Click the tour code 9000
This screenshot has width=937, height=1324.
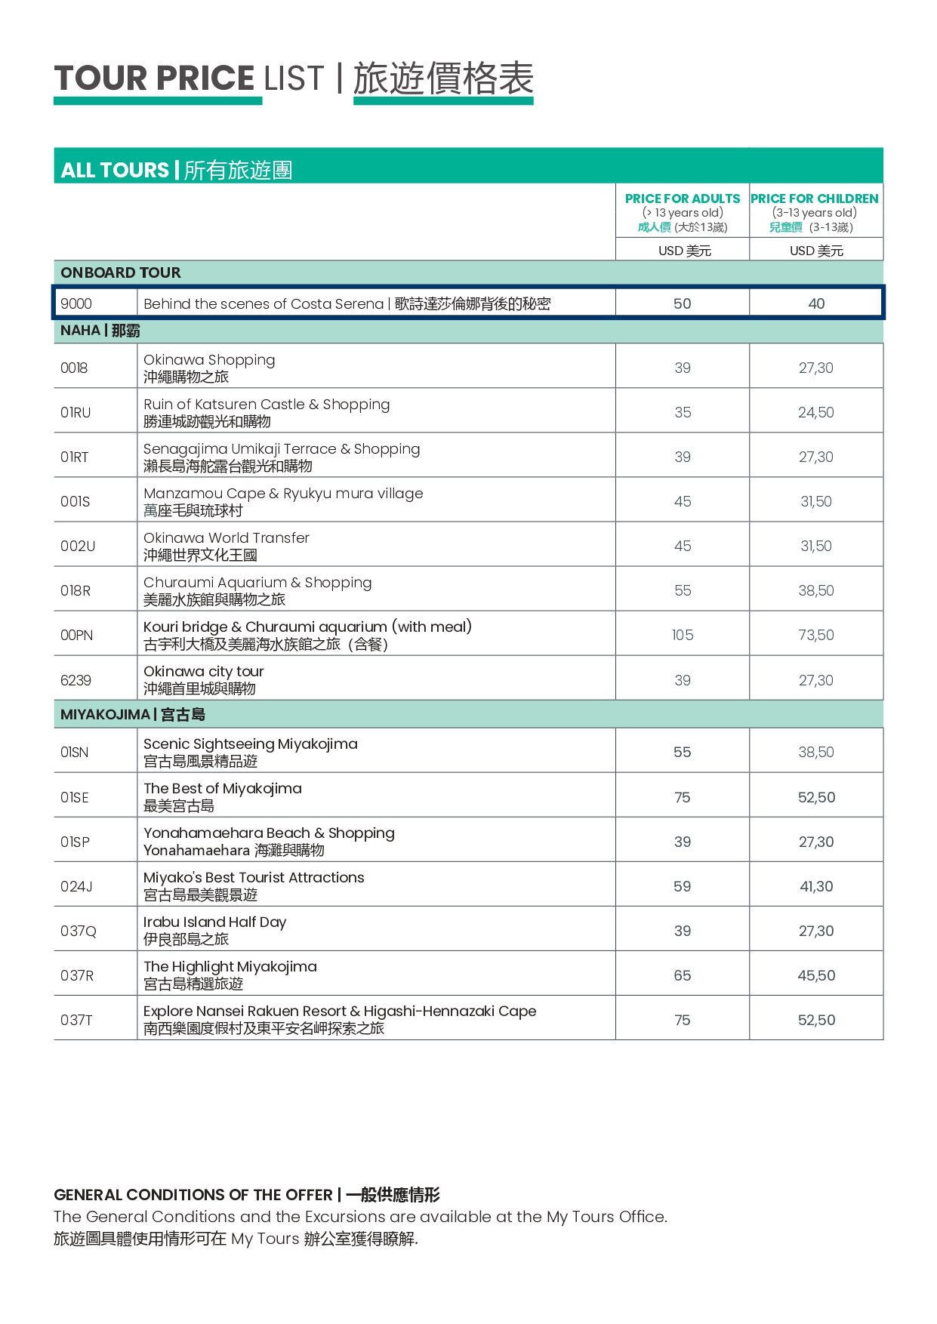coord(76,303)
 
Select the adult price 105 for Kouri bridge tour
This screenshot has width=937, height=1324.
coord(683,635)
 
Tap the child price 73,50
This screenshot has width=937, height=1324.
coord(816,635)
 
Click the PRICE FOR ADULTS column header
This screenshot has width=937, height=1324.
coord(683,199)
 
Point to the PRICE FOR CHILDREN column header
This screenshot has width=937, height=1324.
coord(815,199)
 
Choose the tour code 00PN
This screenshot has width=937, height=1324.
coord(77,635)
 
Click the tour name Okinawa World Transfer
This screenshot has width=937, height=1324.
coord(227,537)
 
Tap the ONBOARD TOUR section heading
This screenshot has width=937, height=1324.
coord(121,272)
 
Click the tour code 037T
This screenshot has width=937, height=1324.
coord(76,1020)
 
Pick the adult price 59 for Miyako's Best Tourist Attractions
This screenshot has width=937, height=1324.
coord(683,886)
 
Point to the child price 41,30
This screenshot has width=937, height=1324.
coord(816,886)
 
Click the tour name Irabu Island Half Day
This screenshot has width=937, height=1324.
coord(215,922)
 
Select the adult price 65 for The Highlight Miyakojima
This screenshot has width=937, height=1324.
coord(683,975)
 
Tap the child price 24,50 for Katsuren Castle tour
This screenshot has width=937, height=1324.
coord(816,412)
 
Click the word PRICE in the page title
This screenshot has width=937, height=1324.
coord(205,79)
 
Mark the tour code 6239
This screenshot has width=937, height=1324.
coord(76,680)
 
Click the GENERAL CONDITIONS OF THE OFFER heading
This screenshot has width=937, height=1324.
coord(193,1195)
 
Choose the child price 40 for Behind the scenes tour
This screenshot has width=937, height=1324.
coord(816,303)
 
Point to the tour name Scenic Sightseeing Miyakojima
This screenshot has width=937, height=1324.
coord(251,744)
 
